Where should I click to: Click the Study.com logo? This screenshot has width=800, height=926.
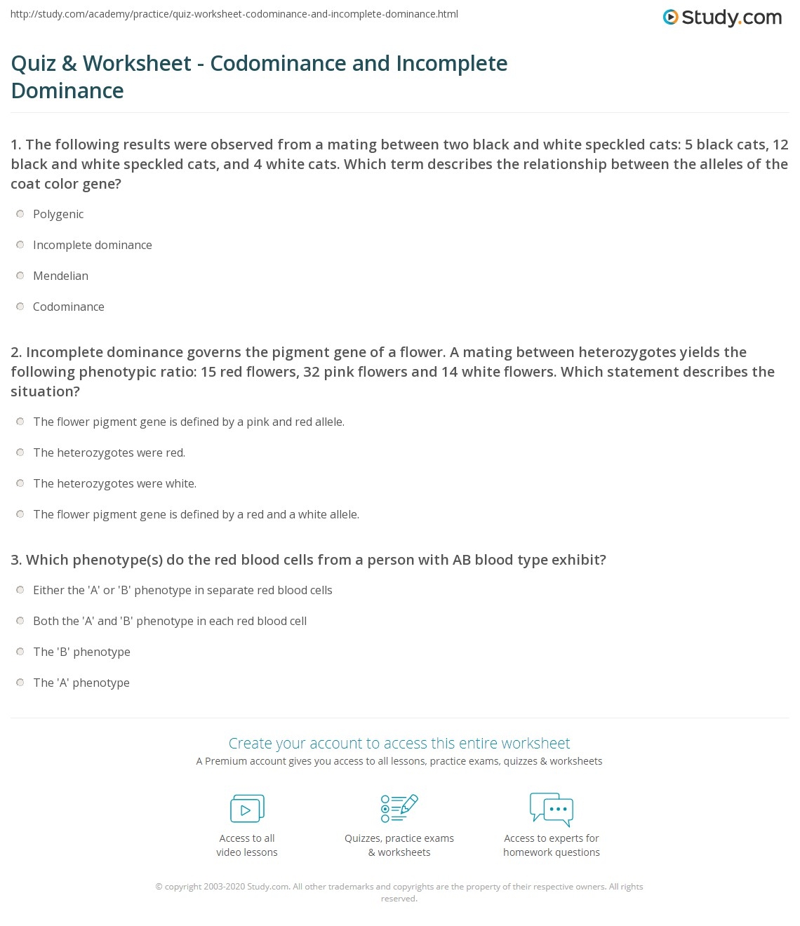722,18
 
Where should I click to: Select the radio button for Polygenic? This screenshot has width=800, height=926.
20,214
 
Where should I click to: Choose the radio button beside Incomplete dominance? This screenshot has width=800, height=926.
20,245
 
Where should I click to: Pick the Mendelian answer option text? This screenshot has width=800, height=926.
60,276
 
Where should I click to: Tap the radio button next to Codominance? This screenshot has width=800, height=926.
20,307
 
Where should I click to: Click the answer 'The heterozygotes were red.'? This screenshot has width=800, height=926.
109,452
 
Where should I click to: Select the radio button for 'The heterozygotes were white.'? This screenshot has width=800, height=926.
20,483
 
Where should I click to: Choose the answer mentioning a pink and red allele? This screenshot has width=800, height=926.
188,422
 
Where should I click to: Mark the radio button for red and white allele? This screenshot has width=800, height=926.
20,514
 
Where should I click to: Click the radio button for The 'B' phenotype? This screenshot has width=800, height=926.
20,652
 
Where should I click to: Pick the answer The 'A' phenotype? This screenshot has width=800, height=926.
81,683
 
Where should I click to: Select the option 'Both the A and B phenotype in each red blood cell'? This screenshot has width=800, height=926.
169,621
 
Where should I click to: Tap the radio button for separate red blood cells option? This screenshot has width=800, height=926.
20,590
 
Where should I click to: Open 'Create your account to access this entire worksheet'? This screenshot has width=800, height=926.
399,743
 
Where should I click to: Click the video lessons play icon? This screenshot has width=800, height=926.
247,808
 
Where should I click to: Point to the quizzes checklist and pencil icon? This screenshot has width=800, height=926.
399,808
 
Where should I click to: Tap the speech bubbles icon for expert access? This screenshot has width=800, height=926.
552,808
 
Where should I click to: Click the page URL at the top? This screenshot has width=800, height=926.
234,14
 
